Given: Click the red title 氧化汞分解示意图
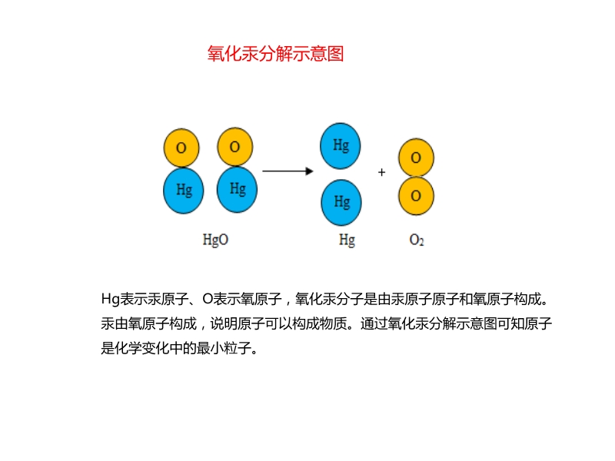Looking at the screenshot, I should coord(275,54).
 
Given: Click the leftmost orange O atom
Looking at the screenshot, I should coord(181,148).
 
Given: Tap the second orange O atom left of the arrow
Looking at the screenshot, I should coord(235,146).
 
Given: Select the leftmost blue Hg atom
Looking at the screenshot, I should coord(184,190).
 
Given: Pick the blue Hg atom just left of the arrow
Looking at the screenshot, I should coord(238,188).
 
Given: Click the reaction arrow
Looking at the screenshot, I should coord(288,171).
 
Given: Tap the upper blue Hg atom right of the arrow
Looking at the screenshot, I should coord(341,145).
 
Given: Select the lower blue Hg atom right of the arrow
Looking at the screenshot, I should coord(341,202).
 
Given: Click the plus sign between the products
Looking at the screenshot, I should coord(381,173).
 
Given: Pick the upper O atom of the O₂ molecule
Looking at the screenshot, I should coord(416,158).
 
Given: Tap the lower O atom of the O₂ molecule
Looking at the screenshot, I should coord(416,195).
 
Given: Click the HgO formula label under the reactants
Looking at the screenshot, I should coord(215,240).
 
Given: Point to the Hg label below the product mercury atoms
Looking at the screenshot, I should coord(347,240).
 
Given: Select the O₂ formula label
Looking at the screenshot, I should coord(417,240).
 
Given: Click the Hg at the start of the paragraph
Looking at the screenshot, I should coord(111,298).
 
